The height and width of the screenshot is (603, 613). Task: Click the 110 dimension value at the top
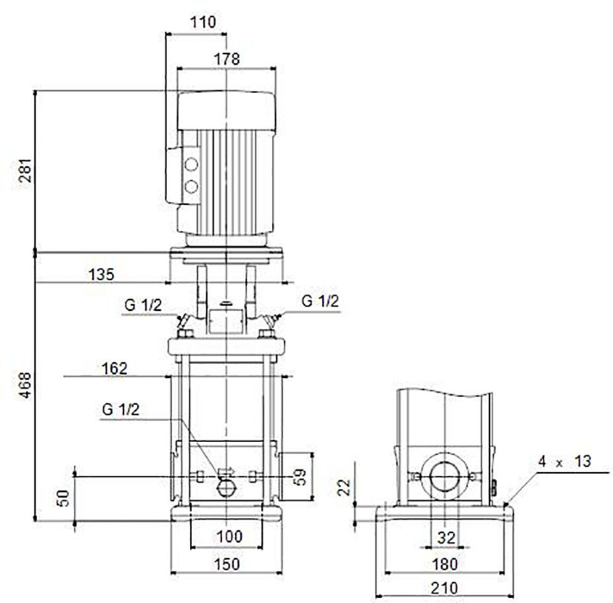tap(203, 22)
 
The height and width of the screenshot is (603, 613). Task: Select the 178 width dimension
tap(227, 59)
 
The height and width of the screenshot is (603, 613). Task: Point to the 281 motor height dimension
tap(25, 170)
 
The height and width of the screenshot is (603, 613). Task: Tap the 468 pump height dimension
tap(25, 386)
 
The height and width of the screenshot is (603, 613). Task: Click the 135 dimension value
tap(102, 275)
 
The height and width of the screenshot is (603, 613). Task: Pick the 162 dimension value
tap(114, 369)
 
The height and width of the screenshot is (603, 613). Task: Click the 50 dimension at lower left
tap(63, 498)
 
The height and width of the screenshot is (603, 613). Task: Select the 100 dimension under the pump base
tap(229, 536)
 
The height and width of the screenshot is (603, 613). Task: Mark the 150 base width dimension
tap(227, 564)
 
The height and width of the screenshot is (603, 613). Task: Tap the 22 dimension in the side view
tap(344, 487)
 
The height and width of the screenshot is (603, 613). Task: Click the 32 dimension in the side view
tap(446, 538)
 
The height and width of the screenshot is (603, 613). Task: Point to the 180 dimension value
tap(444, 564)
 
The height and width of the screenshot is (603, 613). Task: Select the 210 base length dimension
tap(444, 587)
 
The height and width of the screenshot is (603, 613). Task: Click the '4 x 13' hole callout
tap(564, 461)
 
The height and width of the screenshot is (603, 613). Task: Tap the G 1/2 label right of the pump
tap(320, 301)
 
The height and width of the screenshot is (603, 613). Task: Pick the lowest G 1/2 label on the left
tap(121, 410)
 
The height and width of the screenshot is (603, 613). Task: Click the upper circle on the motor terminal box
tap(191, 165)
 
